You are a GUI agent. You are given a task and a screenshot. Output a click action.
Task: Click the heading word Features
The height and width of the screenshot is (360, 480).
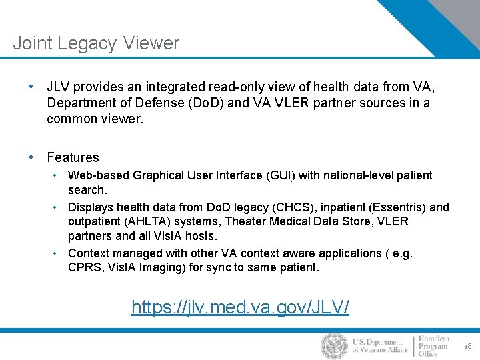(73, 158)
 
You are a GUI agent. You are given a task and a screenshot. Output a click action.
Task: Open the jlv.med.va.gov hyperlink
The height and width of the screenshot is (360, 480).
(240, 307)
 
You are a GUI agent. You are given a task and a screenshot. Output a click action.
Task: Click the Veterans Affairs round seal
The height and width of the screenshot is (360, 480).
(333, 346)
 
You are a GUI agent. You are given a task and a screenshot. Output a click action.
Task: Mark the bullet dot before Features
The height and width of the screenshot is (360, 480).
(31, 157)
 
